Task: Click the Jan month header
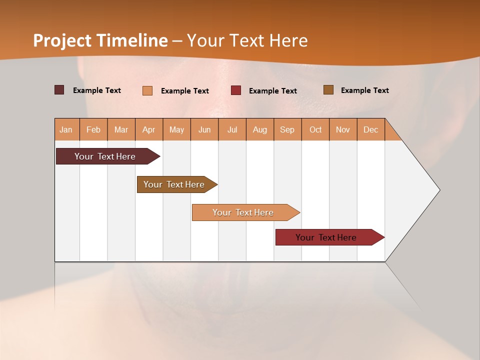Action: [x=66, y=129]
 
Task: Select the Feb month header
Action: [x=93, y=129]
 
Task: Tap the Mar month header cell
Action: [x=121, y=129]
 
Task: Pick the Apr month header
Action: [x=149, y=129]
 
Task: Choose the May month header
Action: [x=176, y=129]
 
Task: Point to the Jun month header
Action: [x=204, y=129]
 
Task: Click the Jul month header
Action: [x=232, y=129]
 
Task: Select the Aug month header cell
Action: [x=260, y=129]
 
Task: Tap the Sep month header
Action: [x=287, y=129]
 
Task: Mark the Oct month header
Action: [x=315, y=129]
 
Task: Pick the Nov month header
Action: [x=343, y=129]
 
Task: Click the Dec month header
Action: [x=370, y=129]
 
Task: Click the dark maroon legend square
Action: [x=59, y=90]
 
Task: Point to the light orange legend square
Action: [x=147, y=90]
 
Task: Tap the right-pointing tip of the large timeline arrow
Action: [x=438, y=190]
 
